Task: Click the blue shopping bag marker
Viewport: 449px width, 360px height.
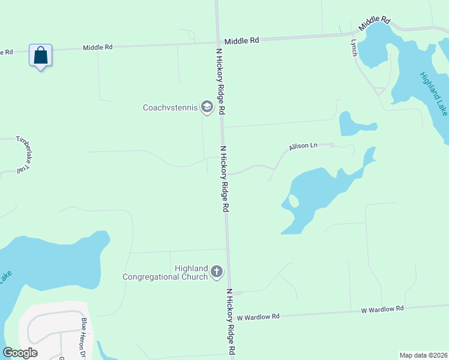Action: tap(40, 56)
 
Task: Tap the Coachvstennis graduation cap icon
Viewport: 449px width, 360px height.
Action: tap(207, 107)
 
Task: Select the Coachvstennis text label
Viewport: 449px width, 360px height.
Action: tap(170, 108)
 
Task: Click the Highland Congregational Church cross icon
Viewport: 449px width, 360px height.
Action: tap(217, 272)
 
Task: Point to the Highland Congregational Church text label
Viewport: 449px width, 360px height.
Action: tap(165, 272)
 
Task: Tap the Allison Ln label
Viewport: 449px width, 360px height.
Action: tap(303, 146)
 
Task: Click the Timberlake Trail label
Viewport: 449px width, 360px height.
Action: tap(23, 155)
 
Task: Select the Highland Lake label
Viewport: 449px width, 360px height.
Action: tap(433, 94)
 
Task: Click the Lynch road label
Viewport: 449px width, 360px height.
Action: tap(354, 48)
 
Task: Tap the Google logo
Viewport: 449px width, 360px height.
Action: tap(20, 353)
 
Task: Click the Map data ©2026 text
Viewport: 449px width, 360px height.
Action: tap(423, 355)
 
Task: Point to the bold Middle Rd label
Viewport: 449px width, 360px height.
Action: tap(242, 40)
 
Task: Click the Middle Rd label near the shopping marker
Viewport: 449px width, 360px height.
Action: tap(98, 47)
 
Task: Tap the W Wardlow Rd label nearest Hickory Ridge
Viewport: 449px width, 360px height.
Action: tap(258, 316)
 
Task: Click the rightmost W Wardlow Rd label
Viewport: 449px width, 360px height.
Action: tap(382, 309)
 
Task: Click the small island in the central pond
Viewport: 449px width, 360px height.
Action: tap(294, 201)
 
